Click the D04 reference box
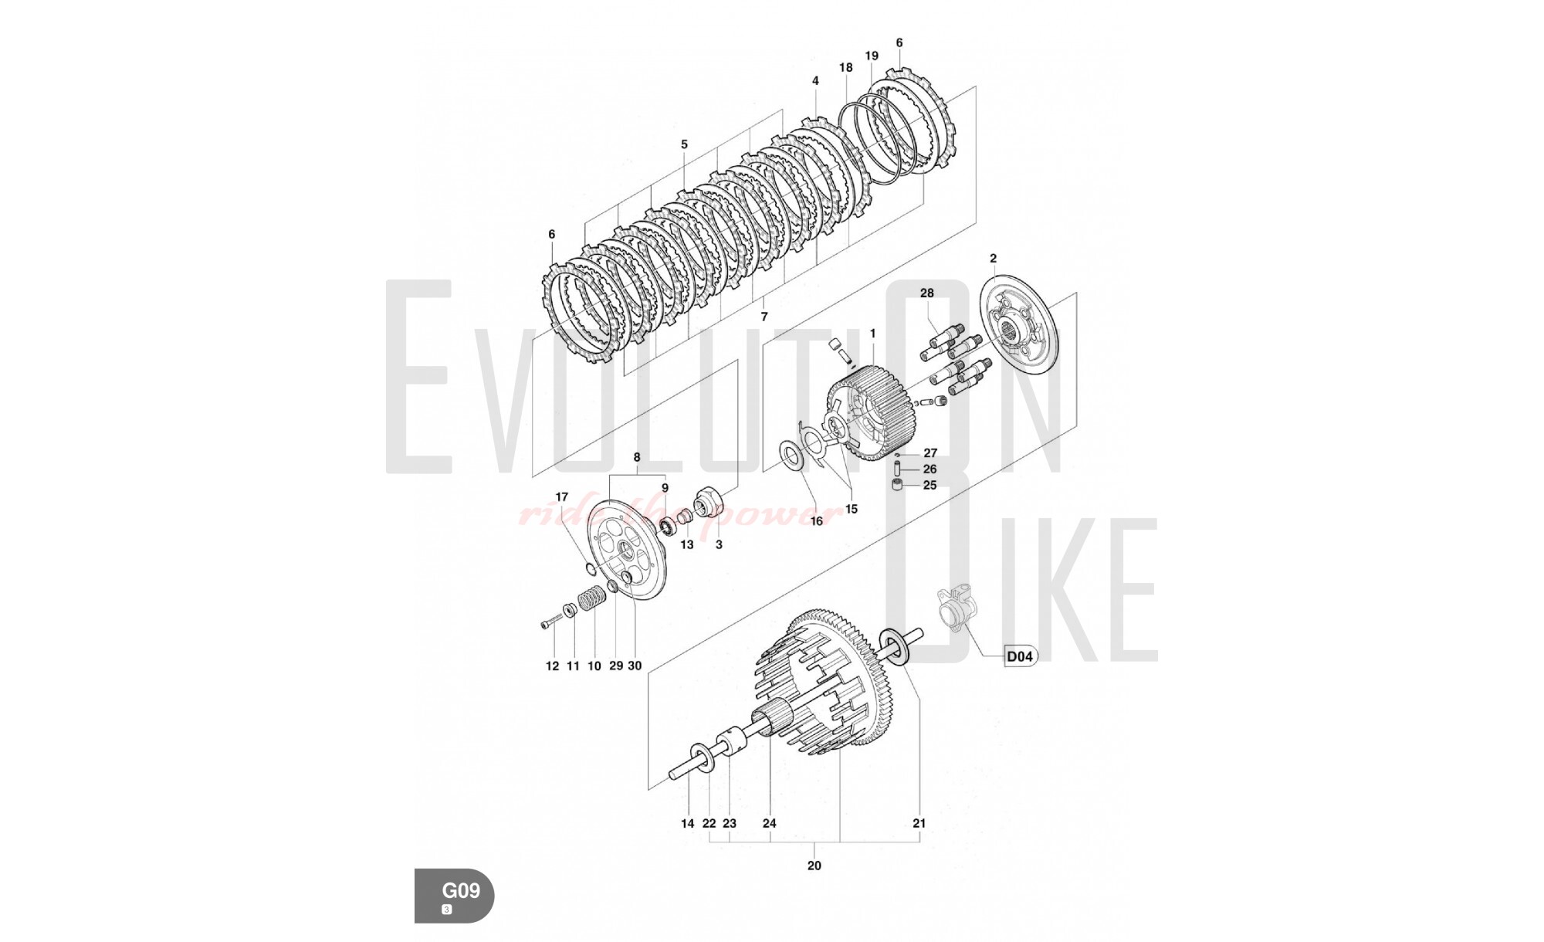pos(1020,656)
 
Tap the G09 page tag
pos(455,896)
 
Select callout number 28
pos(927,293)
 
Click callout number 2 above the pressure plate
pos(994,259)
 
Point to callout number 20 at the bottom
pos(814,866)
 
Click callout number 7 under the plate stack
pos(764,317)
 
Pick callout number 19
pos(872,56)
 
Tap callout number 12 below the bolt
pos(553,666)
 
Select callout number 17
pos(562,497)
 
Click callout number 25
pos(930,486)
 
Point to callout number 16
pos(816,521)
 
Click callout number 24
pos(770,823)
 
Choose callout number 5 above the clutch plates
pos(684,144)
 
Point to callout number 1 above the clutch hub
pos(872,334)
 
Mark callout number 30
pos(635,666)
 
